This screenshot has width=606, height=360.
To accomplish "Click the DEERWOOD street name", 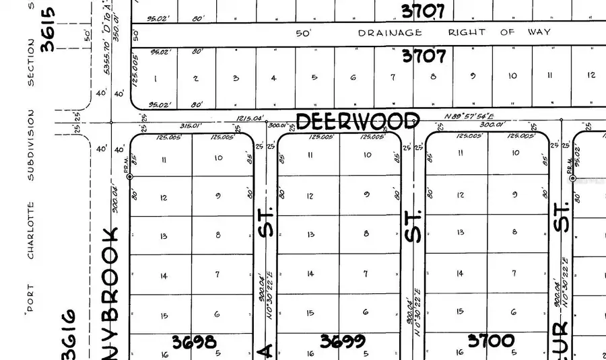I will (x=358, y=122).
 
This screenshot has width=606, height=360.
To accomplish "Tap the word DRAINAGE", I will (x=390, y=32).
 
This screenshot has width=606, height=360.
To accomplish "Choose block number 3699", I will (x=343, y=341).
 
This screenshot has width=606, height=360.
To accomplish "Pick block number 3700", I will (x=491, y=341).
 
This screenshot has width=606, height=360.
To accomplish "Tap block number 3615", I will (x=47, y=30).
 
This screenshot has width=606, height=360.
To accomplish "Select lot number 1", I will (x=156, y=79).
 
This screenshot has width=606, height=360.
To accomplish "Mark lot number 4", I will (x=274, y=78).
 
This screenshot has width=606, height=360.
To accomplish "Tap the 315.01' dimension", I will (x=190, y=125).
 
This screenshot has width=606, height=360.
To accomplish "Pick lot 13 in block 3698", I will (x=164, y=236).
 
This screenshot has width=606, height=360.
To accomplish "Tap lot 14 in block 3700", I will (x=460, y=273).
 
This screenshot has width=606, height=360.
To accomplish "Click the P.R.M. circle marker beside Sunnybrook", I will (x=130, y=176).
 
